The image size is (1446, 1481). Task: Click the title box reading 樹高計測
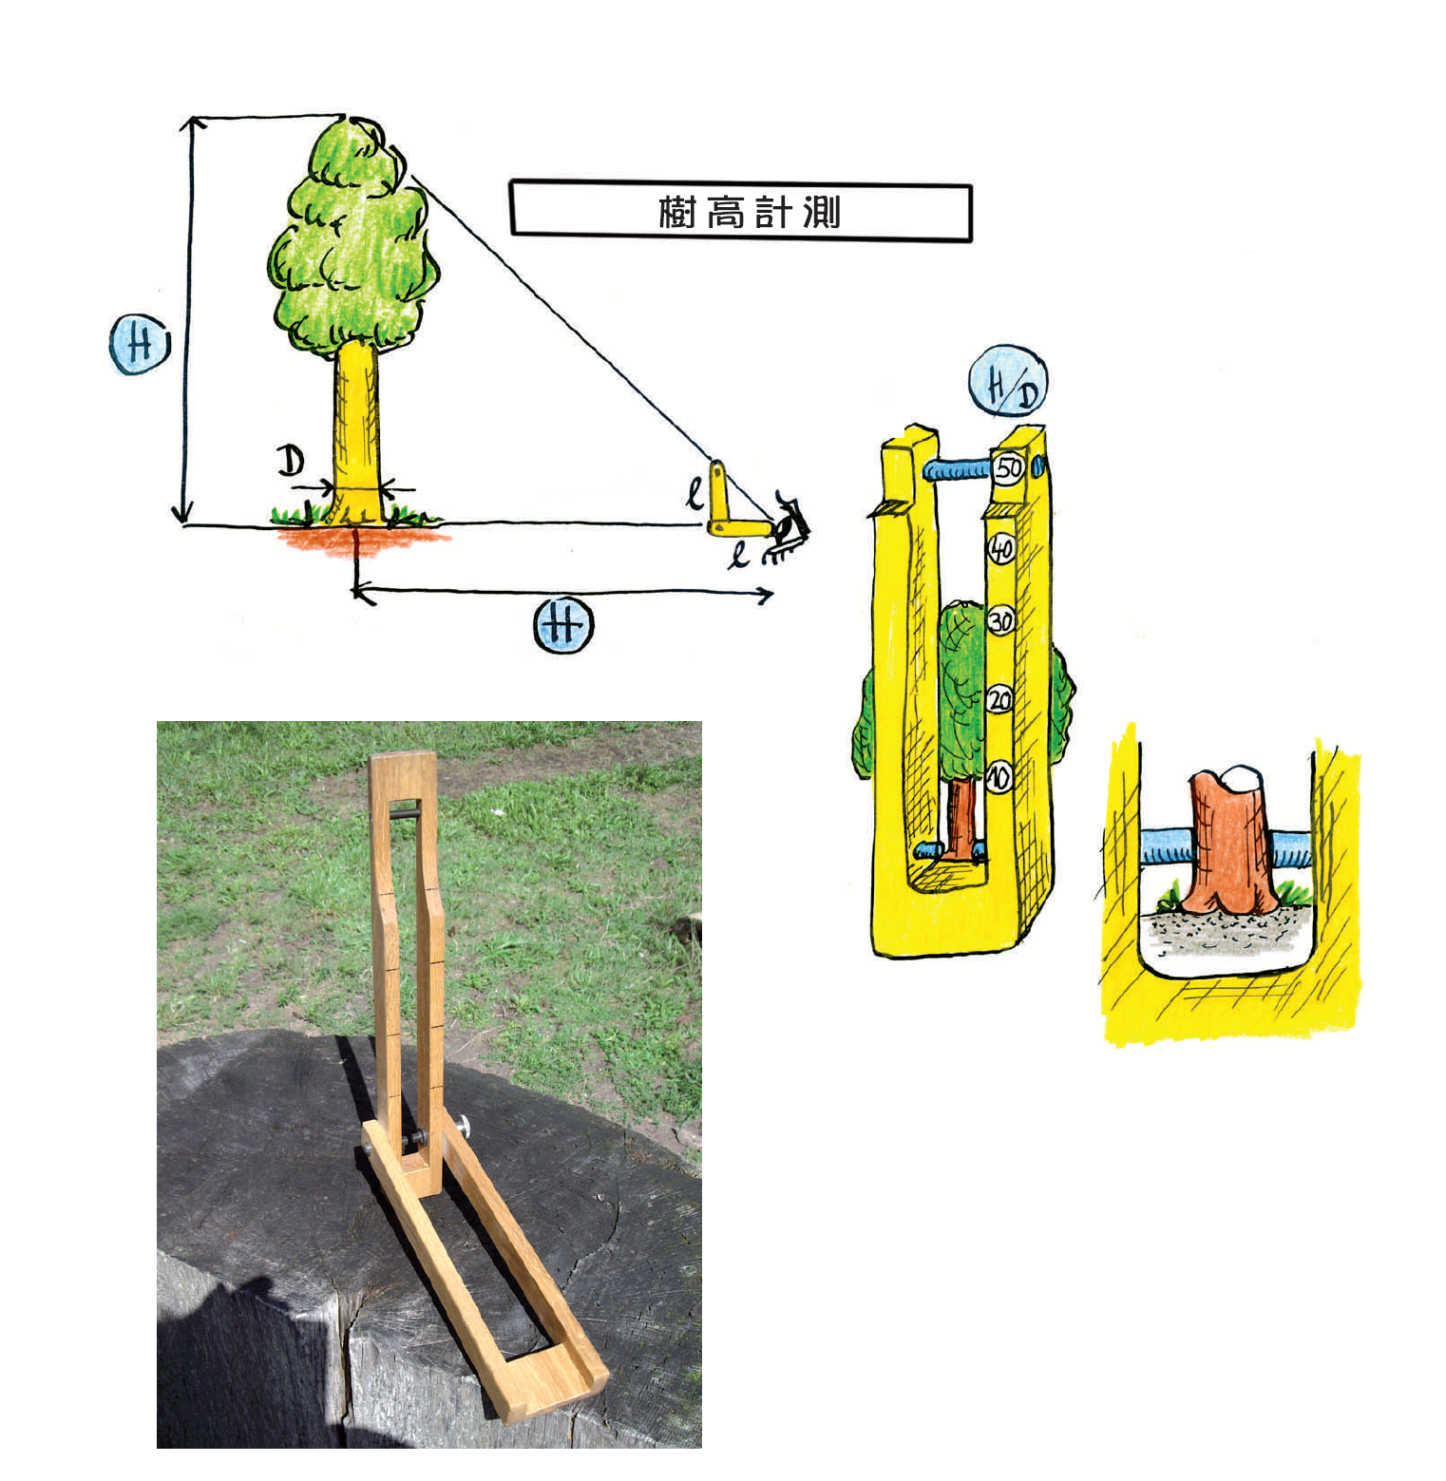tap(741, 211)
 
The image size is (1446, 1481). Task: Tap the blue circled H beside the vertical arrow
tap(140, 345)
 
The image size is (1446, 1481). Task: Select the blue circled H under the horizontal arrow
tap(563, 625)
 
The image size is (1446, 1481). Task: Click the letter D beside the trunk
tap(291, 461)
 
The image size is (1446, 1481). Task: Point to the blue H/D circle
tap(1008, 382)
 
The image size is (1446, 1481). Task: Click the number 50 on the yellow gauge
tap(1009, 467)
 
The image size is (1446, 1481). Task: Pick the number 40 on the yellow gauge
tap(1001, 549)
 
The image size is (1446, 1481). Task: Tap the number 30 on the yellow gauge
tap(1000, 622)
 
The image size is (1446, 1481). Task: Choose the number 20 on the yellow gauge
tap(999, 701)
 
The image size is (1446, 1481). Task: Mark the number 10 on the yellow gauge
tap(998, 778)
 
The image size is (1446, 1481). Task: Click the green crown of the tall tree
tap(352, 237)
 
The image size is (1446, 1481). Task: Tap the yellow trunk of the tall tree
tap(356, 432)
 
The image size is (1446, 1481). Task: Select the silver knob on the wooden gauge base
tap(463, 1127)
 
